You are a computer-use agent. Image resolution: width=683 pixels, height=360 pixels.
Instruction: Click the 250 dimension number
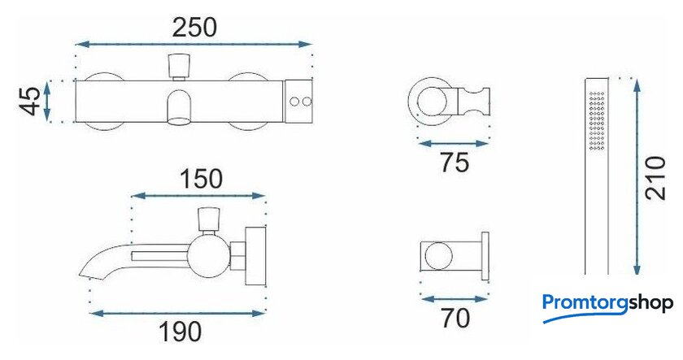click(194, 28)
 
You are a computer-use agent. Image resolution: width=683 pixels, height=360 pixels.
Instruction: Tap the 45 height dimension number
click(32, 102)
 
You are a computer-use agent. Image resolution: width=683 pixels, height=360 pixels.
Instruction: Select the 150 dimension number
click(202, 179)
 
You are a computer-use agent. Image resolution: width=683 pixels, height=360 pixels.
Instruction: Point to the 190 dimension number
click(180, 332)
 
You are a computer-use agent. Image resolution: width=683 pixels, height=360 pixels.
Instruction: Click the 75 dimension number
click(455, 163)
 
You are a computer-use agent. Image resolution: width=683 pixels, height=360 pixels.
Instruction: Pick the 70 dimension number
click(455, 318)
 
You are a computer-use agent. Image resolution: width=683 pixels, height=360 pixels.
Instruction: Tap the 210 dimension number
click(656, 178)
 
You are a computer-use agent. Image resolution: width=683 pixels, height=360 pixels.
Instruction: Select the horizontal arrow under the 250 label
click(194, 44)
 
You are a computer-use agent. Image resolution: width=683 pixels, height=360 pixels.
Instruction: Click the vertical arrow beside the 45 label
click(47, 102)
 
